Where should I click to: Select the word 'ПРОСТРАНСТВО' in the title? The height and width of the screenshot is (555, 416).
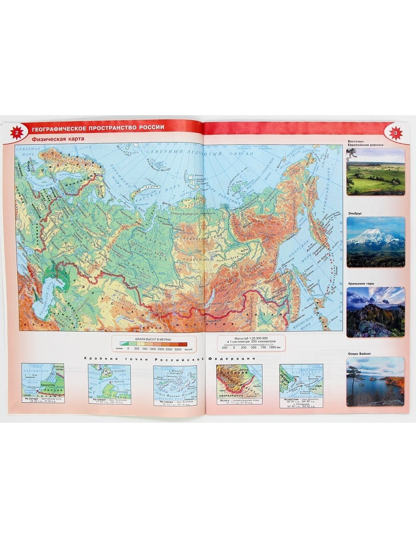[114, 128]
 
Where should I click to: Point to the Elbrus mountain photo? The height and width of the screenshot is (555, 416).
[375, 242]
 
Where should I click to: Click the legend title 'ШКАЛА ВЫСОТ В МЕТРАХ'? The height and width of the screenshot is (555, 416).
[153, 339]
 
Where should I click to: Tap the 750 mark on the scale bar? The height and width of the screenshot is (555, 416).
[264, 347]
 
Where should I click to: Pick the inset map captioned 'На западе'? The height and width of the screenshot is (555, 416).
[43, 381]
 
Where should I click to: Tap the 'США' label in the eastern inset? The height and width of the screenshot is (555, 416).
[319, 384]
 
